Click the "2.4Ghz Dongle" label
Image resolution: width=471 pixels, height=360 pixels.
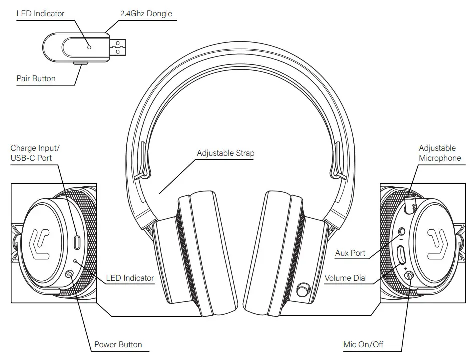tap(146, 13)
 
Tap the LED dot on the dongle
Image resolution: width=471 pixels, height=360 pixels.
tap(89, 47)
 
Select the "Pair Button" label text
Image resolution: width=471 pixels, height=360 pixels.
tap(36, 78)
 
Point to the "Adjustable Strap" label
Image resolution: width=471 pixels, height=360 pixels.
tap(225, 153)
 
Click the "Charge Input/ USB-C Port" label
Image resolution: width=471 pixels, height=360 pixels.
tap(35, 153)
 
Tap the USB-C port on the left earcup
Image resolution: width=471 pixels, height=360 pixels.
tap(77, 242)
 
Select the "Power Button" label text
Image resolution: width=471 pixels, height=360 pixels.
tap(118, 344)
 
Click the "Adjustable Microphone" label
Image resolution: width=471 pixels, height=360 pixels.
tap(439, 153)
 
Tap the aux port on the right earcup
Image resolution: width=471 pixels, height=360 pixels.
tap(403, 232)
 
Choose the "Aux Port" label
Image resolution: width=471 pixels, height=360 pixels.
tap(350, 253)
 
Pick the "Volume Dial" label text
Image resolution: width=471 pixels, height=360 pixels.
tap(345, 278)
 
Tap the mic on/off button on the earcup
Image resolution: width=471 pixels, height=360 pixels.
tap(409, 275)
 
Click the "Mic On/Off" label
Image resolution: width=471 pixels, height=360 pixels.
tap(364, 344)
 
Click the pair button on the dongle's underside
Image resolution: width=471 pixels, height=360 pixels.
tap(80, 64)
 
